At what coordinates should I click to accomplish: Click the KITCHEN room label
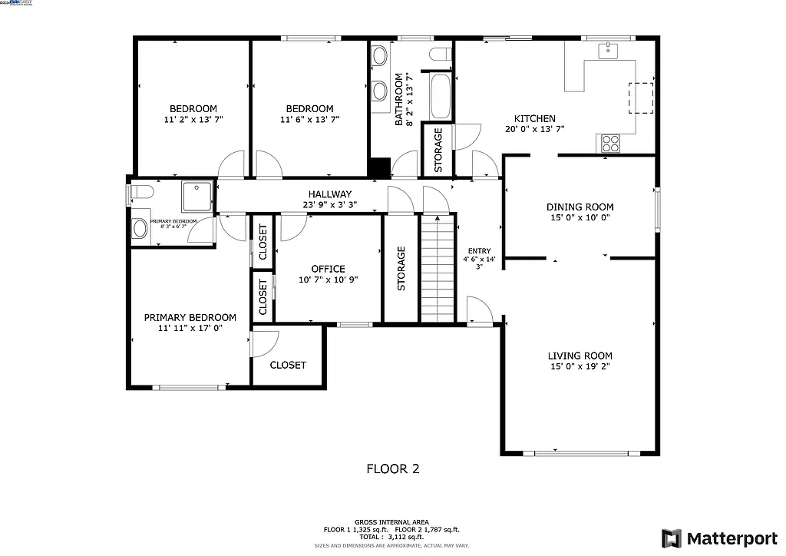pos(534,118)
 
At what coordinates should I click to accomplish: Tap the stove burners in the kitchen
pos(611,142)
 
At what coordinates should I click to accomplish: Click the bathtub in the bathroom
pos(441,96)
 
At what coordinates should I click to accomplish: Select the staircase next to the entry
pos(438,269)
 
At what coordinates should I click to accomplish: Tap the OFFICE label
pos(328,269)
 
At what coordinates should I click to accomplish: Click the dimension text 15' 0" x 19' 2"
pos(580,367)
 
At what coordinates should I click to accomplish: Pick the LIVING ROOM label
pos(580,356)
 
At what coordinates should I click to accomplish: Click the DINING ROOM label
pos(580,207)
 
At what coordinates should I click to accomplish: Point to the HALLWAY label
pos(330,194)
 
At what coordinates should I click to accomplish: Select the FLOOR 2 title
pos(392,468)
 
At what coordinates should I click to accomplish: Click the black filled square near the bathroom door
pos(378,168)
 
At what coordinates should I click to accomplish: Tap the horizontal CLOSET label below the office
pos(288,365)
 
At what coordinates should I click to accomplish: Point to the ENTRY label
pos(479,251)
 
